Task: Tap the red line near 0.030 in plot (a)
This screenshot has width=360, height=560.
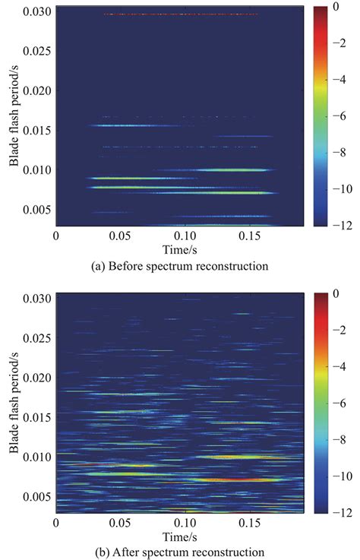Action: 181,14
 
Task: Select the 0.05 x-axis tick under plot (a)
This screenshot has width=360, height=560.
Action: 118,236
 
